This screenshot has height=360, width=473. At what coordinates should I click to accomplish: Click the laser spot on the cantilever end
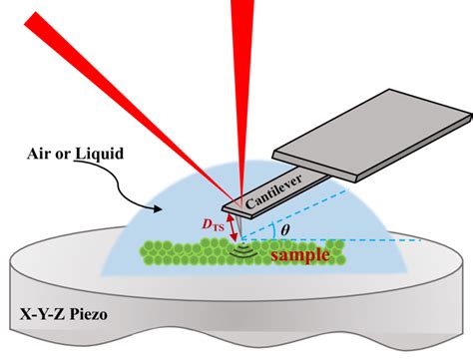[239, 196]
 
